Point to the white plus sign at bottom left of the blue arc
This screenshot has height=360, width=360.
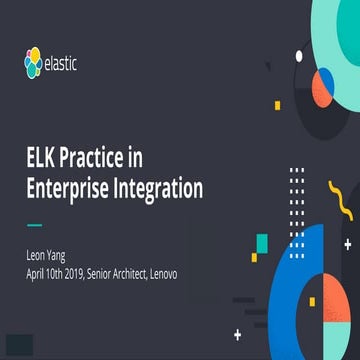(x=236, y=331)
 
